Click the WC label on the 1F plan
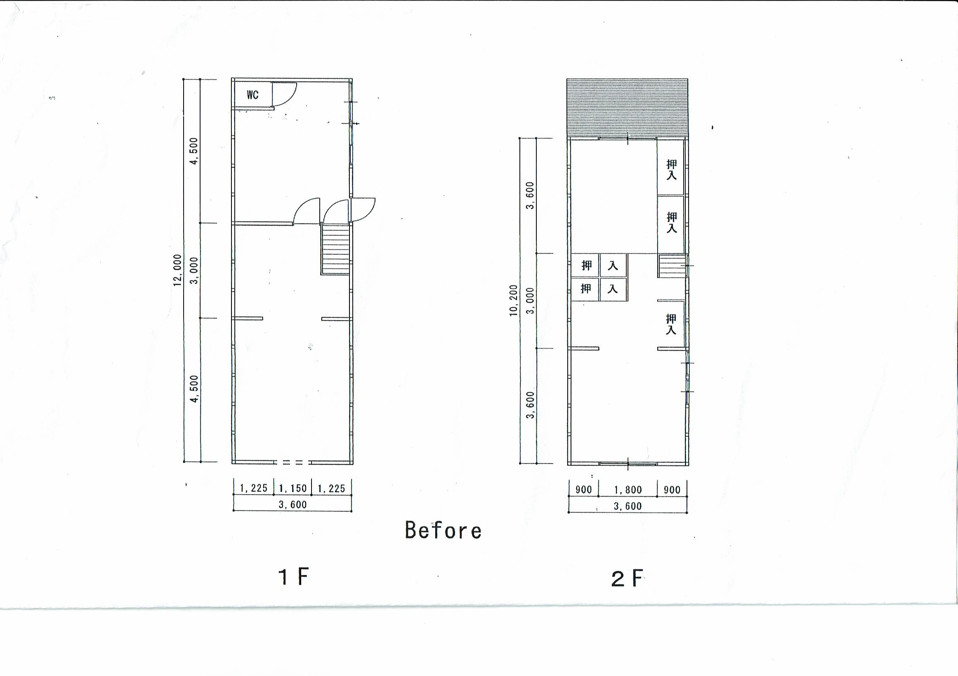point(252,95)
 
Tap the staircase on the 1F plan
point(335,249)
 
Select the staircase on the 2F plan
point(672,266)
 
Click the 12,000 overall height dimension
point(178,270)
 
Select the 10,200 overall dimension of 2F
point(514,300)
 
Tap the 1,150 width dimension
point(293,488)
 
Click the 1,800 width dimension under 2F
point(628,489)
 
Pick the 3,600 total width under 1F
point(293,504)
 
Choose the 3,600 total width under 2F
point(628,506)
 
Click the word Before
point(443,530)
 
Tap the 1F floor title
point(293,576)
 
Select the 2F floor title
point(627,578)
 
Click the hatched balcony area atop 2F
point(627,108)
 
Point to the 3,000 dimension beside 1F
point(194,270)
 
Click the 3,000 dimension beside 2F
point(530,301)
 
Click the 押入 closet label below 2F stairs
point(670,325)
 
